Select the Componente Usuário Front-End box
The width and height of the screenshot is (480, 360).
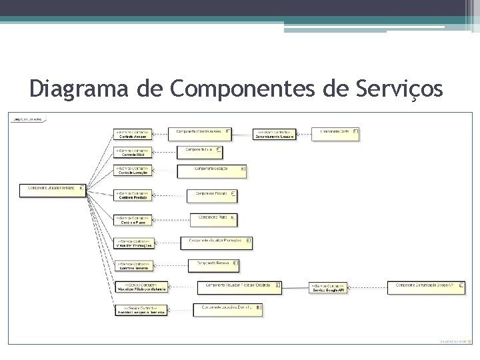click(54, 189)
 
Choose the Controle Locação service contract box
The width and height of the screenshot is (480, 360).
click(133, 171)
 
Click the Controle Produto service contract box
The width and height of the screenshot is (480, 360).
click(133, 195)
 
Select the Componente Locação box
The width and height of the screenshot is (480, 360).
click(212, 171)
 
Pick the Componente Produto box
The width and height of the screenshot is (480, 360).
click(212, 195)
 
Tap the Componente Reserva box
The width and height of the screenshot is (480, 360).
click(213, 265)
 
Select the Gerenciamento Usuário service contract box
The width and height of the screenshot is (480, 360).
click(275, 134)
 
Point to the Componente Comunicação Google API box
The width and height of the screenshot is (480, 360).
click(425, 287)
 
